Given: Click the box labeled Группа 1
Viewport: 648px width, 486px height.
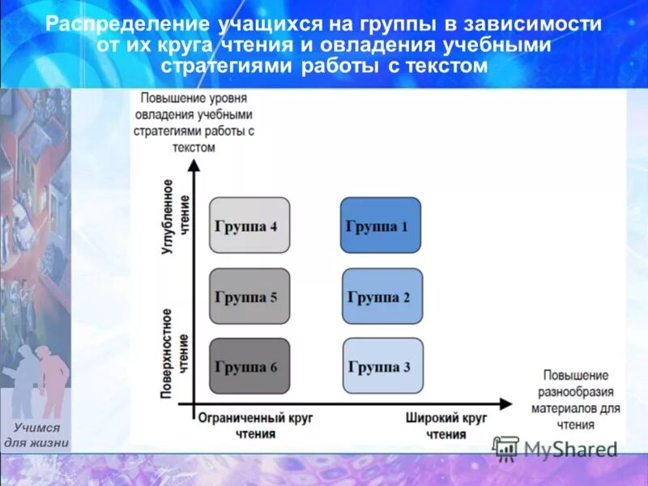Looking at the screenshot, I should [380, 225].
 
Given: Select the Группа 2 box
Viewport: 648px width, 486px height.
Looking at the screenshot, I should [382, 296].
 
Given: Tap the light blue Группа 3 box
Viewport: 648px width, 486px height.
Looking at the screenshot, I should [382, 366].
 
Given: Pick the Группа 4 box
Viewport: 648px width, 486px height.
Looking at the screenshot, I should [249, 225].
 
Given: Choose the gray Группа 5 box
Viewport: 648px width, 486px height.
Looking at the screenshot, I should [249, 296].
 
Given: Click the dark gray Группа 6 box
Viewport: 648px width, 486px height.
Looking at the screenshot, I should [249, 366].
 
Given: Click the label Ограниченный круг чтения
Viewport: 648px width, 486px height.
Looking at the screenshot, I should [255, 426].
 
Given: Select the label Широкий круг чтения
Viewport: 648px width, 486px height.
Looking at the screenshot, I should [446, 426].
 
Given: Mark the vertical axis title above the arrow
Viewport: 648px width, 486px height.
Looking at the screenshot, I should [194, 122].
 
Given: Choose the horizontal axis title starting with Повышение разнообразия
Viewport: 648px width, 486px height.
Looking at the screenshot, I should [575, 400].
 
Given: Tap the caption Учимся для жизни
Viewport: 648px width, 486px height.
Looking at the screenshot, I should [37, 435].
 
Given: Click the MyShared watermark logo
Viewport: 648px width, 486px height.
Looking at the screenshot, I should [556, 449].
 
